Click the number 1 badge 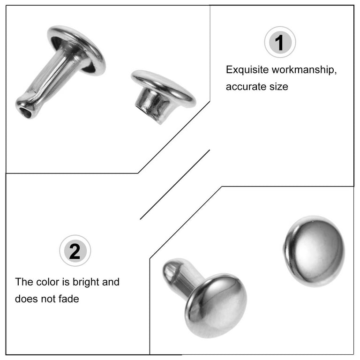[x=280, y=42]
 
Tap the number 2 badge [x=75, y=251]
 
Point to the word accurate [x=246, y=87]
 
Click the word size [x=279, y=87]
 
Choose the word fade [x=68, y=299]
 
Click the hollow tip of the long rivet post [x=24, y=112]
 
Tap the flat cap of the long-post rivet [x=76, y=50]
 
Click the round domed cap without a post [x=314, y=251]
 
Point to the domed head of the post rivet [x=216, y=305]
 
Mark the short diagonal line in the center [x=175, y=185]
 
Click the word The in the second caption [x=24, y=282]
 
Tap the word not [x=48, y=299]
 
